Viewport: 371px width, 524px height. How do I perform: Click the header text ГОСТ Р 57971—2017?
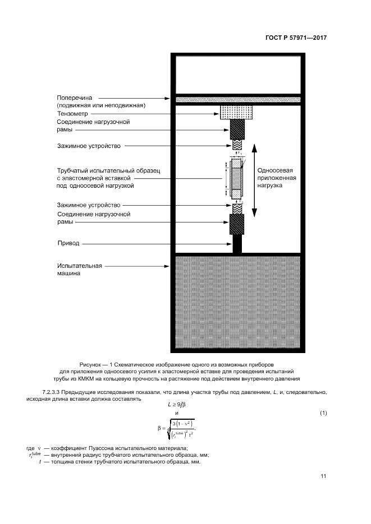(x=295, y=38)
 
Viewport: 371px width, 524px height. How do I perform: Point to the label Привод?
(x=68, y=244)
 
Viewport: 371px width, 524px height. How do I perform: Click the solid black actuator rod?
(x=237, y=244)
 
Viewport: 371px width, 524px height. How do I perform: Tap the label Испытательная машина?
(x=79, y=270)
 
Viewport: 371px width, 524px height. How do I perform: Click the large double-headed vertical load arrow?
(x=254, y=179)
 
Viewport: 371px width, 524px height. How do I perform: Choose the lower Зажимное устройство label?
(x=89, y=205)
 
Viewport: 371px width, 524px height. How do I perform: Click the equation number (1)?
(x=323, y=413)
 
